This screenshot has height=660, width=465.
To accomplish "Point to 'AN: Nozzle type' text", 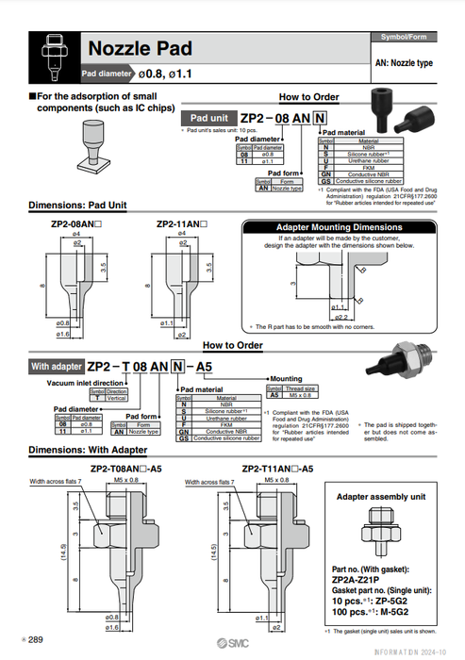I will [404, 62].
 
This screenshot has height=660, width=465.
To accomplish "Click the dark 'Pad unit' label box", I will [207, 118].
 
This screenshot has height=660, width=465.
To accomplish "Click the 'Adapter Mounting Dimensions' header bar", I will [338, 227].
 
